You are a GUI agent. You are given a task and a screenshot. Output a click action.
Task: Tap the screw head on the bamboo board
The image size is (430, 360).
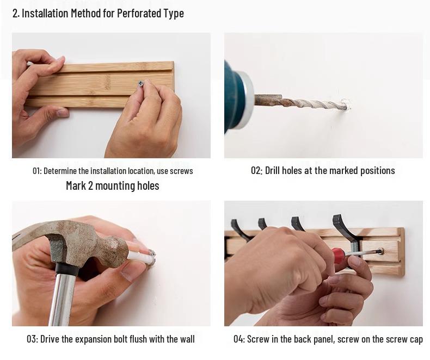(x=141, y=83)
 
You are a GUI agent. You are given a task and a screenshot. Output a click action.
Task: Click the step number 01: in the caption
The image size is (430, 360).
(x=37, y=171)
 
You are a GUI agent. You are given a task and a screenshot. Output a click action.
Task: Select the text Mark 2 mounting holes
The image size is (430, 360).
(x=113, y=186)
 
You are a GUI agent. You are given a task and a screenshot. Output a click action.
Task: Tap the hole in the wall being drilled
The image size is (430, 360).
(x=348, y=105)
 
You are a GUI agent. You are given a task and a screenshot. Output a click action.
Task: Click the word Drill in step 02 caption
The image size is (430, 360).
(x=273, y=170)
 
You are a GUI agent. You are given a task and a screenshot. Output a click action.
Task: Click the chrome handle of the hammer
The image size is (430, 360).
(x=62, y=299)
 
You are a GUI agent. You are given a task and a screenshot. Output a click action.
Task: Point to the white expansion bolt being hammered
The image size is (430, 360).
(x=142, y=257)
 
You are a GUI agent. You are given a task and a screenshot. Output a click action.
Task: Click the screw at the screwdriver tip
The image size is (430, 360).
(x=380, y=251)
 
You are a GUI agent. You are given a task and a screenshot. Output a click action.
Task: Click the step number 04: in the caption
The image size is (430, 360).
(x=239, y=339)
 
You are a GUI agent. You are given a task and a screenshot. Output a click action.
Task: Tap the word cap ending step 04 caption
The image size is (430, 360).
(x=416, y=340)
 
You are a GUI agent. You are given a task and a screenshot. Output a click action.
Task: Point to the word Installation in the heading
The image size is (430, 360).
(x=45, y=13)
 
